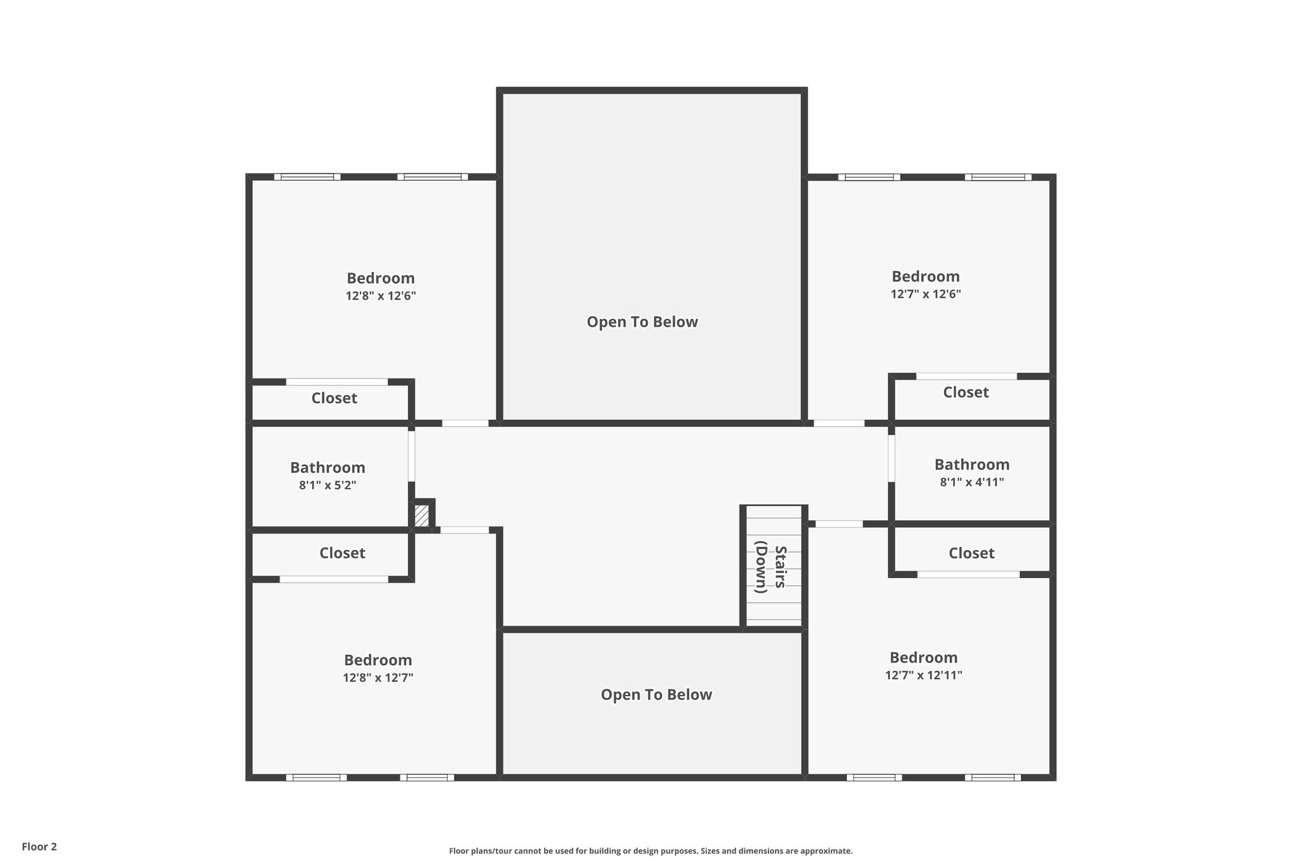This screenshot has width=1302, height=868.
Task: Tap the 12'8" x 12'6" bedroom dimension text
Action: pyautogui.click(x=381, y=296)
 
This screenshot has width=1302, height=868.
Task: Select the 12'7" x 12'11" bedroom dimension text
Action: pyautogui.click(x=923, y=675)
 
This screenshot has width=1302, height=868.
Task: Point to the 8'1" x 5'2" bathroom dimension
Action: pyautogui.click(x=327, y=485)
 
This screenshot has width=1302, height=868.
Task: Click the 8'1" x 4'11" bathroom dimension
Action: pyautogui.click(x=971, y=482)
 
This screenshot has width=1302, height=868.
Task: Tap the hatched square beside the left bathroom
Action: pyautogui.click(x=421, y=515)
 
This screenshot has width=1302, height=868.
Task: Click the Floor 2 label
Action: pyautogui.click(x=39, y=846)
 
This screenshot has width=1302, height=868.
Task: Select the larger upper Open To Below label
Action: pyautogui.click(x=642, y=322)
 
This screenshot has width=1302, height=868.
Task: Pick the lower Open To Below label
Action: pyautogui.click(x=656, y=694)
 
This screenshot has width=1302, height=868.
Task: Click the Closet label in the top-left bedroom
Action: pyautogui.click(x=334, y=398)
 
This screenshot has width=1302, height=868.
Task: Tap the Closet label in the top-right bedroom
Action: pyautogui.click(x=965, y=392)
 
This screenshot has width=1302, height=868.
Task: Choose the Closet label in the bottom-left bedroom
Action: pyautogui.click(x=342, y=553)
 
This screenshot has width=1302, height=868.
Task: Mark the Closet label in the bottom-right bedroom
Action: pyautogui.click(x=971, y=553)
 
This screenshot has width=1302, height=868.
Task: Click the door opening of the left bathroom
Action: pyautogui.click(x=412, y=456)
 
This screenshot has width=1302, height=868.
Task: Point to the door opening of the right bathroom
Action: pyautogui.click(x=891, y=458)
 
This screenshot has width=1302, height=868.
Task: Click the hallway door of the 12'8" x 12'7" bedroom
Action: pyautogui.click(x=465, y=530)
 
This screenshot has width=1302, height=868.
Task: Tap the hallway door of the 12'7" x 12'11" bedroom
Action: pyautogui.click(x=839, y=524)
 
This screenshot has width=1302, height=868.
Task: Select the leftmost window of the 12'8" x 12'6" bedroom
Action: pyautogui.click(x=307, y=177)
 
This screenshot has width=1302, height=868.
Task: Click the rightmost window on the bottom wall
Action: pyautogui.click(x=992, y=777)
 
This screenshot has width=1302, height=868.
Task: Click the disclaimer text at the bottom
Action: pyautogui.click(x=650, y=851)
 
